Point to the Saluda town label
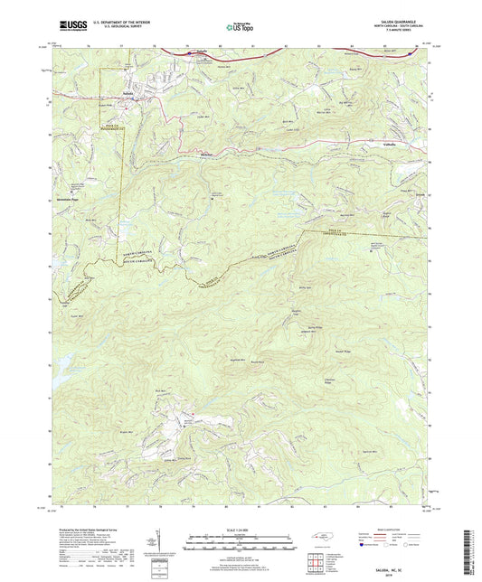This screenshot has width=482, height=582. (132, 92)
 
